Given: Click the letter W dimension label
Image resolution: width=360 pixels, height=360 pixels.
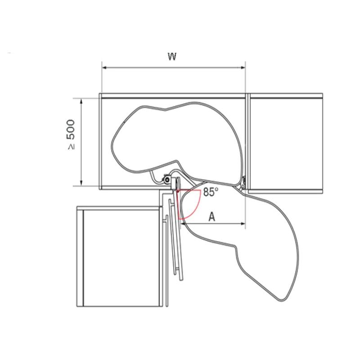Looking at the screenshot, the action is [172, 56].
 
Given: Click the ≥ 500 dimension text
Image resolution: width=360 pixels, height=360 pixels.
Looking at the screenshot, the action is [71, 134].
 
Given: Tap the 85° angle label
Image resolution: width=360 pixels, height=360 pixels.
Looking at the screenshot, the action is [211, 192].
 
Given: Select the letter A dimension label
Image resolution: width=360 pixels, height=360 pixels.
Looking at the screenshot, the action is [212, 216].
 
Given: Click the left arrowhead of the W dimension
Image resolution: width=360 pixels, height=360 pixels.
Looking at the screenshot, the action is [104, 67].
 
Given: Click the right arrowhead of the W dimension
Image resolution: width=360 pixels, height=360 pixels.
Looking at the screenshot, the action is [243, 67].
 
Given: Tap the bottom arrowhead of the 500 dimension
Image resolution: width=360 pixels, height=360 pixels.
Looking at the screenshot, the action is [81, 183].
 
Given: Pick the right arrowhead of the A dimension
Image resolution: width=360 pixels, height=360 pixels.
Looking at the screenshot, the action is [243, 223].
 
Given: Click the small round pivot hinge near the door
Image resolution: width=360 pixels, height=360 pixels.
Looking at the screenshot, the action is [167, 179].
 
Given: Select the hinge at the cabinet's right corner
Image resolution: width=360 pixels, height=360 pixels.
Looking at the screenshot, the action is [243, 183].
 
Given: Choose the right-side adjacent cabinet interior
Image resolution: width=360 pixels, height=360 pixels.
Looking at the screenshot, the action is [286, 144].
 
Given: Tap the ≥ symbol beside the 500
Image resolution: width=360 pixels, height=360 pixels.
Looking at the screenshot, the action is [71, 147].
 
